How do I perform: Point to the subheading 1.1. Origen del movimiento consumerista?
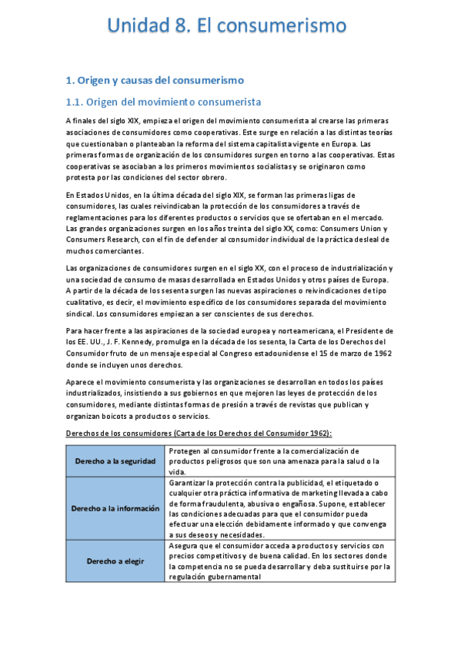(x=163, y=102)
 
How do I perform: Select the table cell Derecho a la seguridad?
(x=115, y=460)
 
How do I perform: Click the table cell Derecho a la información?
(x=115, y=509)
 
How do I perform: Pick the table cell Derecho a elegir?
(x=115, y=561)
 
